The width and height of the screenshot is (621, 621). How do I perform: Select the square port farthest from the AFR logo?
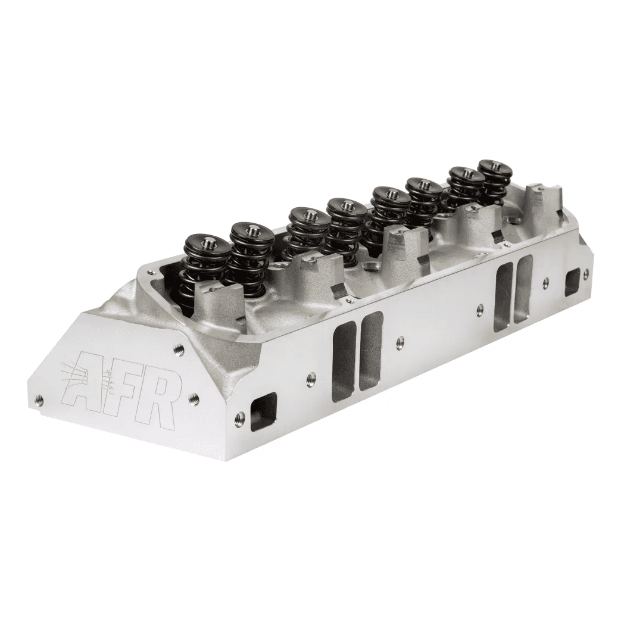[572, 280]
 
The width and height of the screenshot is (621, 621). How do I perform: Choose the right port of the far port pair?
[524, 288]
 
